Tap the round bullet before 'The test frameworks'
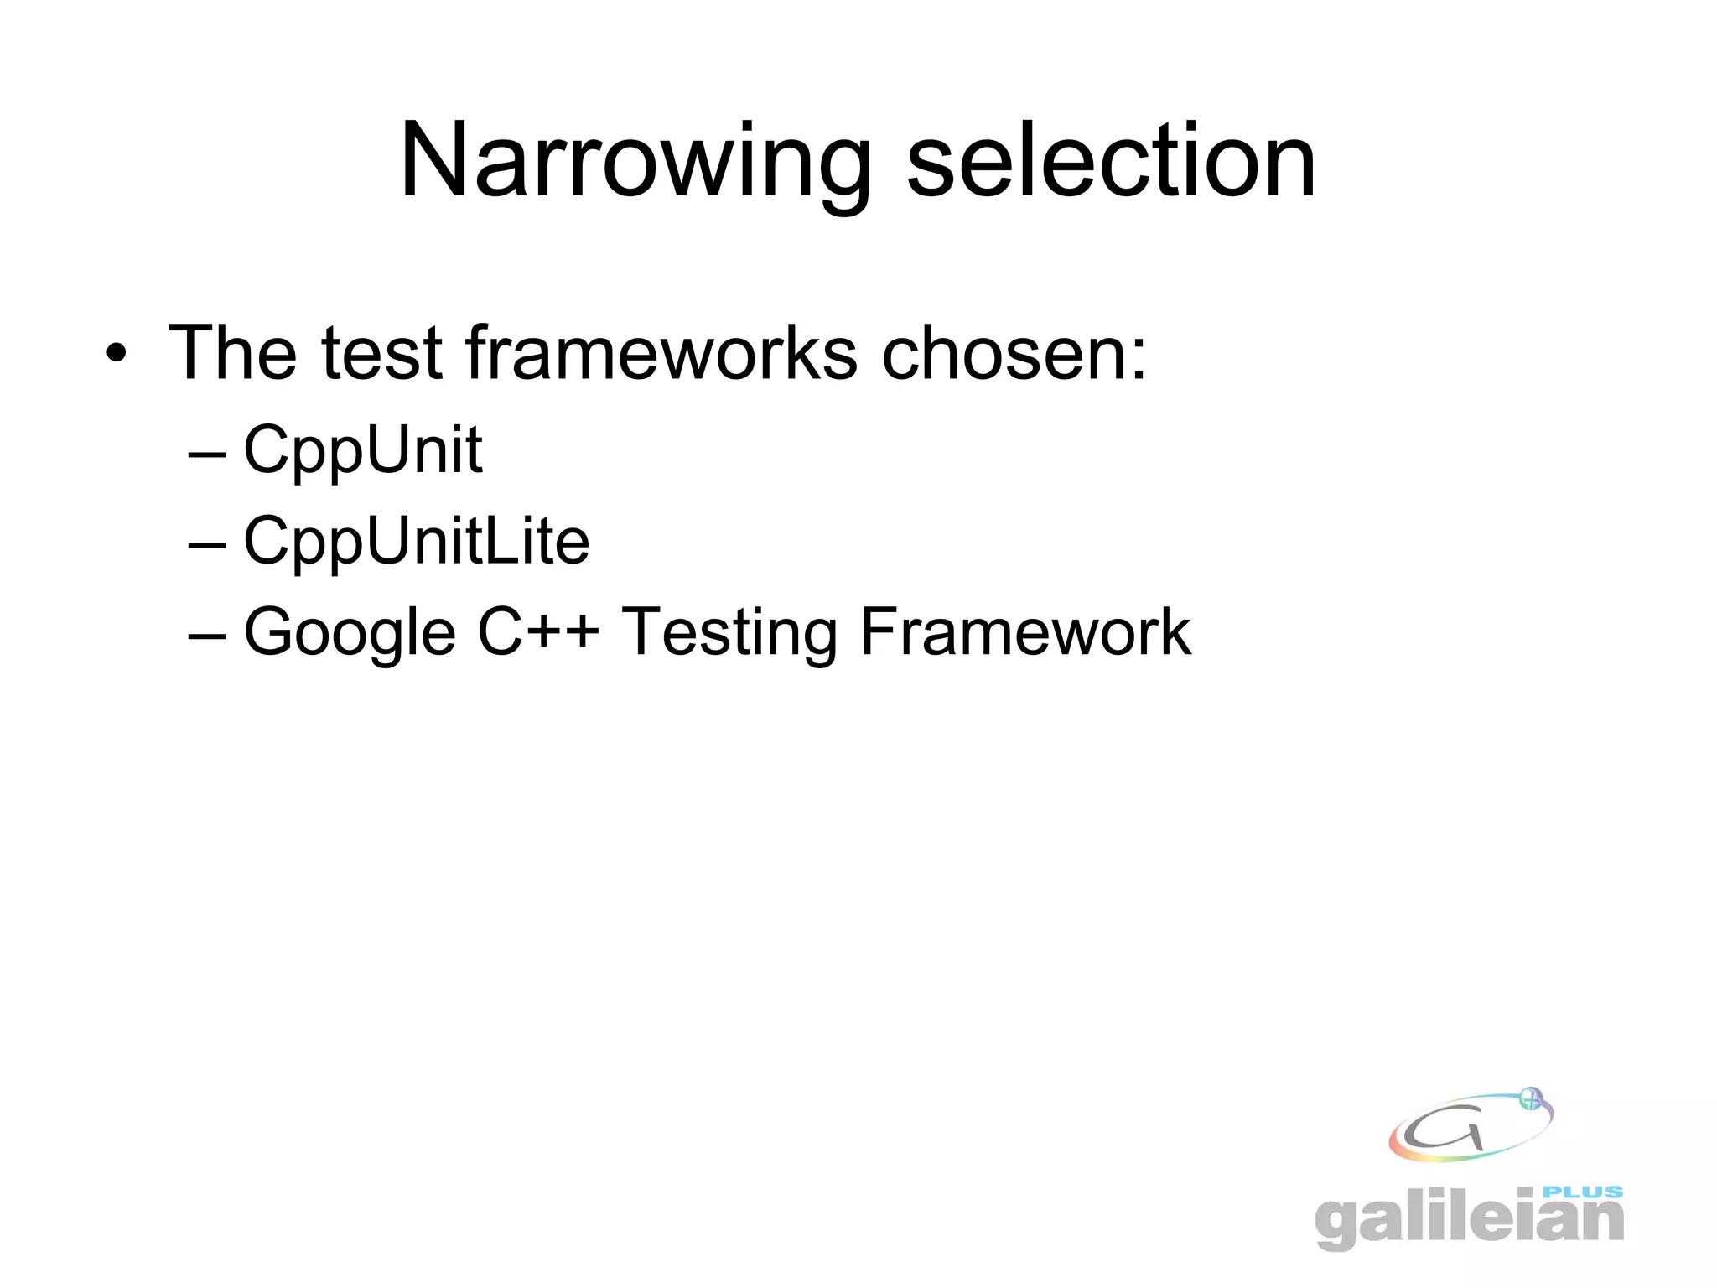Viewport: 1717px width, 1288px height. tap(117, 354)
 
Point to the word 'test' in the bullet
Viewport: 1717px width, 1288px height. tap(381, 352)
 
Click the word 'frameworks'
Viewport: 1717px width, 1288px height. tap(661, 352)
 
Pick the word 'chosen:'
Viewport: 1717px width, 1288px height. tap(1014, 352)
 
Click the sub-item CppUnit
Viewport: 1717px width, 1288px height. tap(362, 450)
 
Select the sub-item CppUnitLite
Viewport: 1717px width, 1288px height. tap(416, 542)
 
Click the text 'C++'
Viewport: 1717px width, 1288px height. tap(538, 632)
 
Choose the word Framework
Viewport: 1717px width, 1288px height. tap(1024, 632)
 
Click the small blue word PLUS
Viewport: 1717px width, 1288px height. tap(1582, 1192)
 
